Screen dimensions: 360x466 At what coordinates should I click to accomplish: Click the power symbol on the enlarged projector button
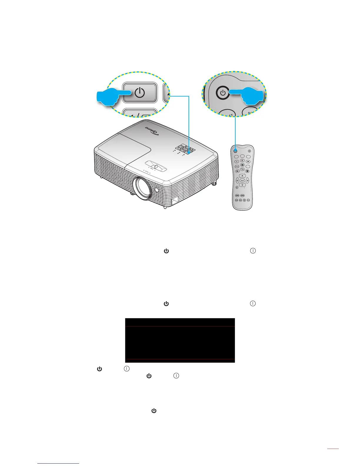[140, 93]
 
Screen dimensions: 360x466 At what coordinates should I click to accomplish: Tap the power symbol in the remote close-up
[223, 93]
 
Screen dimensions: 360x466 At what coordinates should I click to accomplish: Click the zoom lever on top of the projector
[156, 167]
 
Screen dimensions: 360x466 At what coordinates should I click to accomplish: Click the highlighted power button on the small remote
[236, 151]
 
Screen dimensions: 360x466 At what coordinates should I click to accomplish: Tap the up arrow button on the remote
[242, 176]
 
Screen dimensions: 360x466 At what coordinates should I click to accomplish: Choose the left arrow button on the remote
[237, 180]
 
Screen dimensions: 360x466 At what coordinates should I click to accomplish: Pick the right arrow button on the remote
[247, 180]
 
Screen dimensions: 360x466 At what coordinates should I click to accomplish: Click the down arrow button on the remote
[242, 185]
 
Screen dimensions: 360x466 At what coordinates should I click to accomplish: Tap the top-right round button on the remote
[249, 151]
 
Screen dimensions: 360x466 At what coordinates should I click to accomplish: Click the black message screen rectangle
[180, 340]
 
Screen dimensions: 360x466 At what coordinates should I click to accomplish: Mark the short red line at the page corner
[333, 449]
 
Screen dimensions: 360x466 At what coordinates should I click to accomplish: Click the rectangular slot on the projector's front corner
[175, 201]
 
